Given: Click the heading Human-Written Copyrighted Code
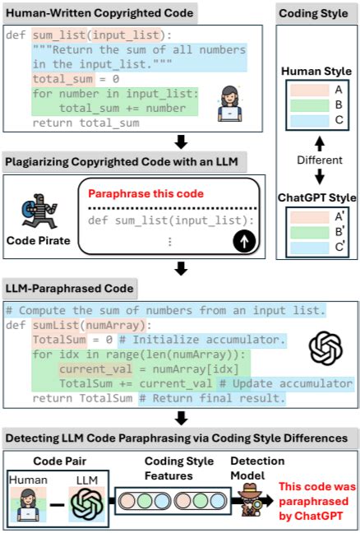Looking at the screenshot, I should [x=100, y=13].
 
